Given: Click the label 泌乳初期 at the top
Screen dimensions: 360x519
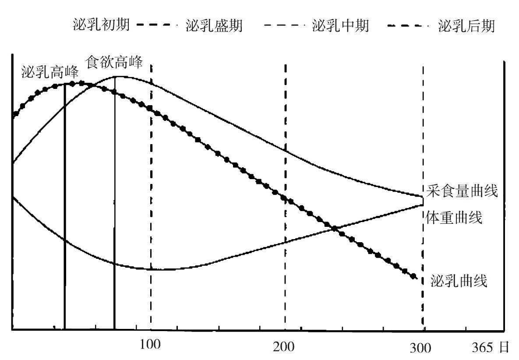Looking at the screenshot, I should pos(101,25).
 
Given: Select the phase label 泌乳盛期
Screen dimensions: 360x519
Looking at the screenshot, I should pos(214,25).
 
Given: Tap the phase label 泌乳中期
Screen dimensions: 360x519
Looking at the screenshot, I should pos(340,25).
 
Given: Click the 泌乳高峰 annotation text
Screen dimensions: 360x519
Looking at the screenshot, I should pos(49,72).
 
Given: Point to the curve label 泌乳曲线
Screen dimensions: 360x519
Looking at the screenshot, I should pos(459,280).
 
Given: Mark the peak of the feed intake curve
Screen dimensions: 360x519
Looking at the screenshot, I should pos(115,77).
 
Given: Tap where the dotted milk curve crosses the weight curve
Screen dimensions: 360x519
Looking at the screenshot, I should pos(334,228).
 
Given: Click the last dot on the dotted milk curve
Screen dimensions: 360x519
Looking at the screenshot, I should pos(413,276).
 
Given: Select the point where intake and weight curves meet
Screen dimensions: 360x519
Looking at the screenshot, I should pos(423,201).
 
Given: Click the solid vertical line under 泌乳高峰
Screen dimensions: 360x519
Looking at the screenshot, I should pos(64,206).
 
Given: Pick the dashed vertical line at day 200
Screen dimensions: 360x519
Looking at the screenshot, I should pos(285,197).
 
